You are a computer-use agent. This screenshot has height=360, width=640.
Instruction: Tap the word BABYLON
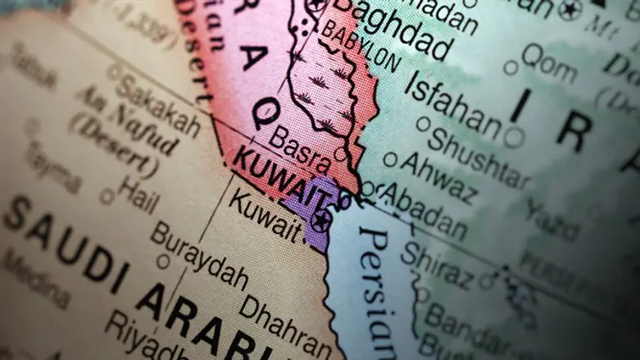(x=361, y=46)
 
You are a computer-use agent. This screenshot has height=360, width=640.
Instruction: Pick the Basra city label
(x=300, y=148)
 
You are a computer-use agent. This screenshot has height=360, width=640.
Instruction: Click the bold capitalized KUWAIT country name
(x=282, y=180)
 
